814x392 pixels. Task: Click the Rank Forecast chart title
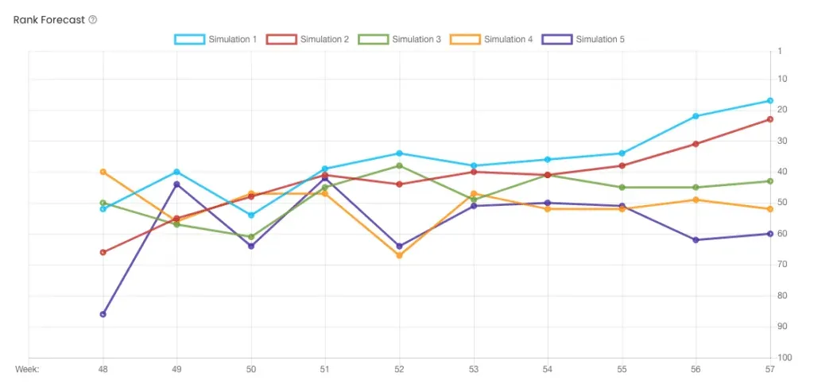(49, 19)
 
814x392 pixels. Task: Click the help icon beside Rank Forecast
(93, 19)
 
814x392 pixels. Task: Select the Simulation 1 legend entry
(215, 39)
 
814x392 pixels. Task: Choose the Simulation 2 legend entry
(308, 39)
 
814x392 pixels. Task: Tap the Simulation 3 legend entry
(400, 39)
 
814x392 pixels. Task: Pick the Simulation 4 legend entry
(491, 39)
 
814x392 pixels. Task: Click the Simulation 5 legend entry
(583, 39)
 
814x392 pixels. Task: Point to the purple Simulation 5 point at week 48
(103, 314)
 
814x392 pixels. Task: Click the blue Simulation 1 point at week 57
(770, 101)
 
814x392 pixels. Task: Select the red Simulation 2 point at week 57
(770, 119)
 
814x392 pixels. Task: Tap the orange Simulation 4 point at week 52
(399, 255)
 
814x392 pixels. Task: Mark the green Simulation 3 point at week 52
(399, 165)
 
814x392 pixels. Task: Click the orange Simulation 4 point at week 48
(103, 172)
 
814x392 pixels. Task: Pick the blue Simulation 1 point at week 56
(696, 116)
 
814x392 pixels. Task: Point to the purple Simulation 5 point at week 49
(176, 184)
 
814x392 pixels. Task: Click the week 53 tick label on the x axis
(474, 370)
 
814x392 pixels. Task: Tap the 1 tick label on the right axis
(781, 51)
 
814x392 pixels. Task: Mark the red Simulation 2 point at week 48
(103, 252)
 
